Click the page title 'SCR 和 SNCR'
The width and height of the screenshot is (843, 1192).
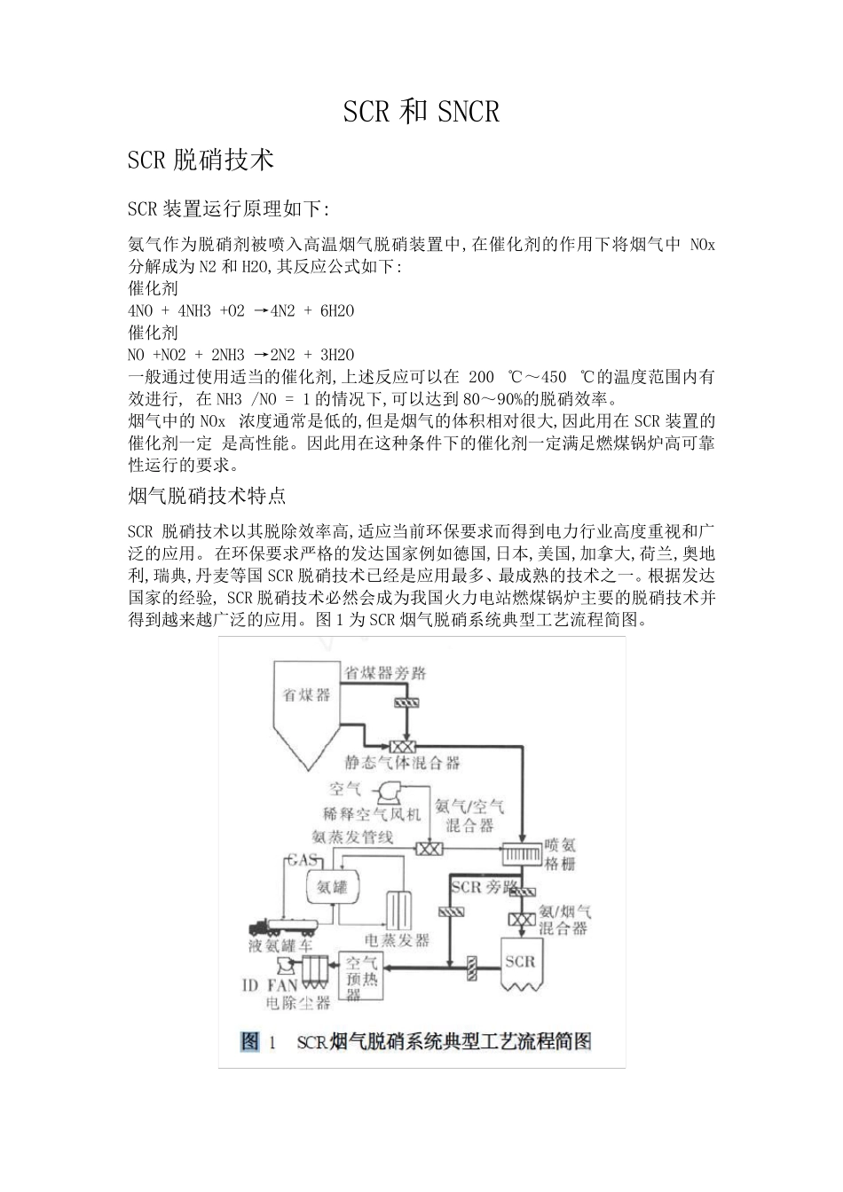421,112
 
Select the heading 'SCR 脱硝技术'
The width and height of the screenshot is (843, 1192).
201,161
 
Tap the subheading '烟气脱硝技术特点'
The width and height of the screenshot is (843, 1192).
207,495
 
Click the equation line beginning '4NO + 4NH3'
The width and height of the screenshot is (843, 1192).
241,310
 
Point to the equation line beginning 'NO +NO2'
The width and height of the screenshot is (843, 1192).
241,355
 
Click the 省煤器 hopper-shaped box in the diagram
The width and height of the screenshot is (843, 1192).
307,701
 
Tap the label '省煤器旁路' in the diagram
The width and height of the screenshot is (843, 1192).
385,673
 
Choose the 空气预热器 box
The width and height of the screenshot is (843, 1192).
361,975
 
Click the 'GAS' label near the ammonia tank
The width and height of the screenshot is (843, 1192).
300,860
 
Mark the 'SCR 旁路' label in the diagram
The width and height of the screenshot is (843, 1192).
483,887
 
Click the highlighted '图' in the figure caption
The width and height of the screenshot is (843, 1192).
250,1040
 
